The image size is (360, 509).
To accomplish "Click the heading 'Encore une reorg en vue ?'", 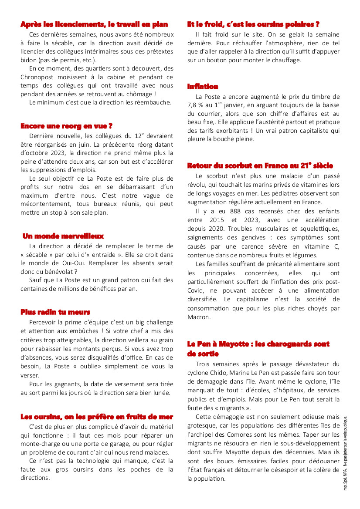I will click(x=66, y=126).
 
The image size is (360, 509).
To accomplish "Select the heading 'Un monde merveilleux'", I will click(x=63, y=236).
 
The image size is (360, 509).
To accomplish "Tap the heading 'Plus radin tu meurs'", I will click(x=55, y=312).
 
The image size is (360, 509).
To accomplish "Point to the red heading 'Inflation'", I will click(x=203, y=87).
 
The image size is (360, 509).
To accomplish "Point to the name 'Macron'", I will click(x=198, y=317).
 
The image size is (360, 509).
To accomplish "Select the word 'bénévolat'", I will click(x=59, y=272).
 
